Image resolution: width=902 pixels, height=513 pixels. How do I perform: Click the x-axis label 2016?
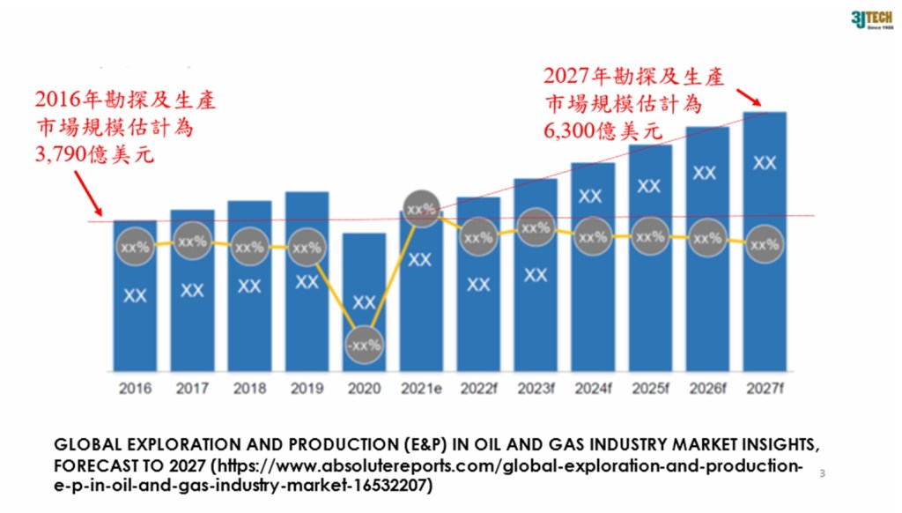point(135,388)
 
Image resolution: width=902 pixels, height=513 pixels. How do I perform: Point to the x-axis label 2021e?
point(421,388)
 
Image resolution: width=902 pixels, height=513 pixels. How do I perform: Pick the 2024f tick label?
point(593,388)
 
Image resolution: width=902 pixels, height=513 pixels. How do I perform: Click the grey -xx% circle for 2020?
point(364,346)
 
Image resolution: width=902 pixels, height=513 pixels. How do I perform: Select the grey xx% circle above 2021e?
point(421,210)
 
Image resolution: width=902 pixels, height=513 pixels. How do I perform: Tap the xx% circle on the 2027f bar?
point(765,245)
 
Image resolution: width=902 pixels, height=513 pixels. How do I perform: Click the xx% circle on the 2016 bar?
point(135,248)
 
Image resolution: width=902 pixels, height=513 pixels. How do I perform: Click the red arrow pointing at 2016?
point(88,193)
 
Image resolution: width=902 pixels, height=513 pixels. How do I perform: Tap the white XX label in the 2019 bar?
point(307,282)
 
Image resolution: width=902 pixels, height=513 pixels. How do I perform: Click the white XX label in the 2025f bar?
point(650,186)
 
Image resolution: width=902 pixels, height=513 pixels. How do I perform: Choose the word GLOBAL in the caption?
point(83,442)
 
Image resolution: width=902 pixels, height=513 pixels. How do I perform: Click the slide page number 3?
point(822,474)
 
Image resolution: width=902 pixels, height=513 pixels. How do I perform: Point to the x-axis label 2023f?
point(536,388)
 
